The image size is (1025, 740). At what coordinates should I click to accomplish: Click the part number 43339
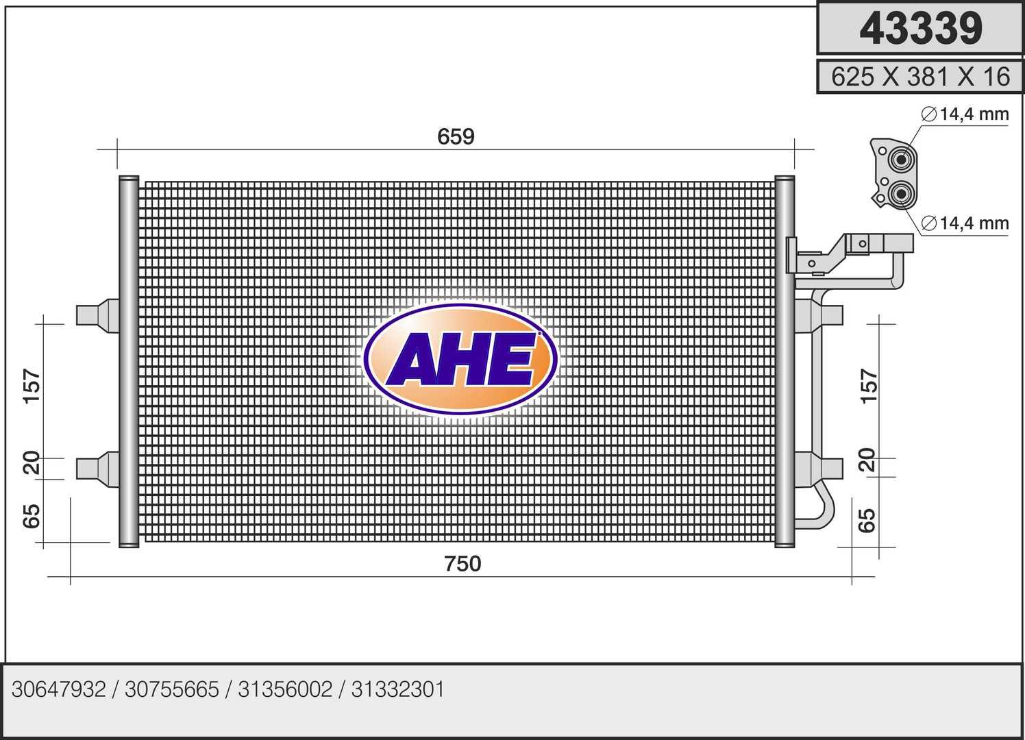(x=921, y=28)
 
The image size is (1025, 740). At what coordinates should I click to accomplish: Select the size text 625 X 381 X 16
(x=920, y=77)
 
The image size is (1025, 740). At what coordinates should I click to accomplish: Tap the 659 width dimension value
(x=456, y=136)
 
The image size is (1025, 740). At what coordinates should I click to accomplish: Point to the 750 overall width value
(x=462, y=563)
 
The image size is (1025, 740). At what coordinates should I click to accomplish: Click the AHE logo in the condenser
(x=460, y=359)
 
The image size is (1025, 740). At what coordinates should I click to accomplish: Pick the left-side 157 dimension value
(x=32, y=386)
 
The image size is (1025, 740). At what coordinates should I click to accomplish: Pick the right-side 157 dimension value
(x=869, y=386)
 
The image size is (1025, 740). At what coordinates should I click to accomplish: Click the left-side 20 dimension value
(x=32, y=463)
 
